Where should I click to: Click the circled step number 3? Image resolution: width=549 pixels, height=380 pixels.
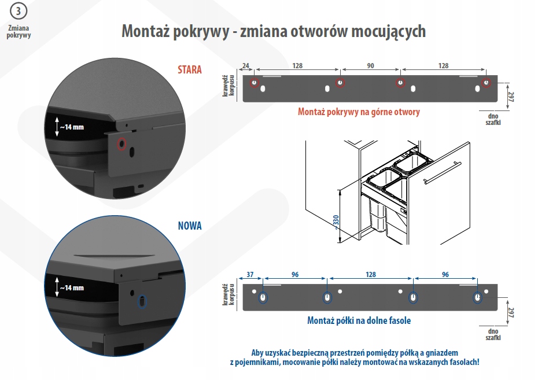tap(18, 11)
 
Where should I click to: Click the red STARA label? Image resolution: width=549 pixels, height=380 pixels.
tap(190, 69)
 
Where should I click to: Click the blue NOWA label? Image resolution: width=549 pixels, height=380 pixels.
tap(190, 226)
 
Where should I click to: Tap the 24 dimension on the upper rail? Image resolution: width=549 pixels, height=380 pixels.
tap(245, 65)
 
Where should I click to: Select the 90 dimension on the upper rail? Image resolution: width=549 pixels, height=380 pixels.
tap(370, 65)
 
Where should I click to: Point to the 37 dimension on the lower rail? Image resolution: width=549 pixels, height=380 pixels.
tap(250, 275)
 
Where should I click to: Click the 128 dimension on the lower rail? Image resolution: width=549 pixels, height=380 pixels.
tap(370, 275)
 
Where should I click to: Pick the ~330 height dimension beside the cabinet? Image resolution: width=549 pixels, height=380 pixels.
tap(336, 221)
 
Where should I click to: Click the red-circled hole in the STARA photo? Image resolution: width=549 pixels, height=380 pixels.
tap(121, 144)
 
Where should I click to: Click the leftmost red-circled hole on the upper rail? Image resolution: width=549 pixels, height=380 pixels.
tap(254, 83)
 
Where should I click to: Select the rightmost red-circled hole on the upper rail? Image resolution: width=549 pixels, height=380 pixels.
tap(487, 83)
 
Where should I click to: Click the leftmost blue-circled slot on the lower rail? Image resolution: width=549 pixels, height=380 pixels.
tap(263, 297)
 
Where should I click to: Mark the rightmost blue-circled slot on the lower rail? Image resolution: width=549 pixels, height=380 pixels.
tap(477, 297)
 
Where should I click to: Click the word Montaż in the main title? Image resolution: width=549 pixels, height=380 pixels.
tap(143, 31)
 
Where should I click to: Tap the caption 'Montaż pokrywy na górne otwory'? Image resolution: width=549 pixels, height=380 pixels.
tap(359, 112)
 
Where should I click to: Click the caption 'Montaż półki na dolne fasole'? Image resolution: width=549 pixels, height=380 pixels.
tap(359, 320)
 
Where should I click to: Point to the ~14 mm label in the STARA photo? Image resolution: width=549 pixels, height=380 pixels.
tap(72, 127)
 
